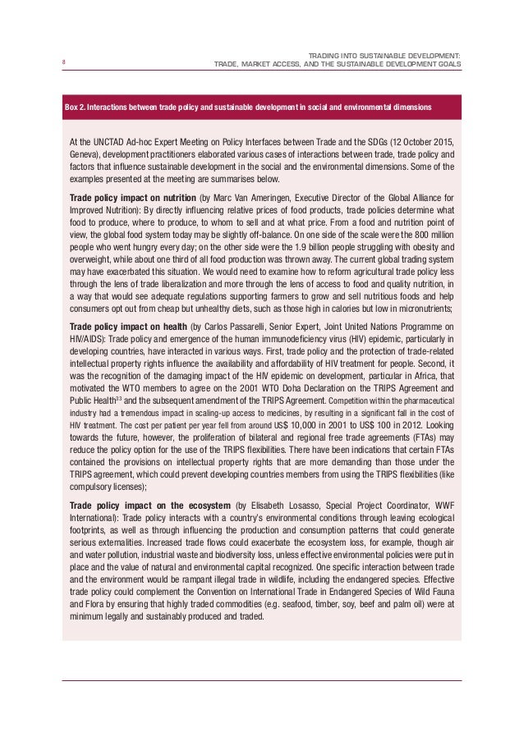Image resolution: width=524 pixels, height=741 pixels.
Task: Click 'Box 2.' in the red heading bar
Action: [75, 107]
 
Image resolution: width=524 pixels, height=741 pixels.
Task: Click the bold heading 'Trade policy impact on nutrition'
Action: [133, 199]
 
